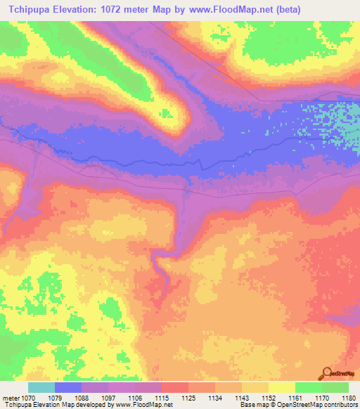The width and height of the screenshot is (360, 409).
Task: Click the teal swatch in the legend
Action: (41, 387)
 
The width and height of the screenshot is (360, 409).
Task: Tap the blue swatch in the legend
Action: (68, 387)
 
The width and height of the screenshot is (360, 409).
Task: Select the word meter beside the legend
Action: (12, 397)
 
